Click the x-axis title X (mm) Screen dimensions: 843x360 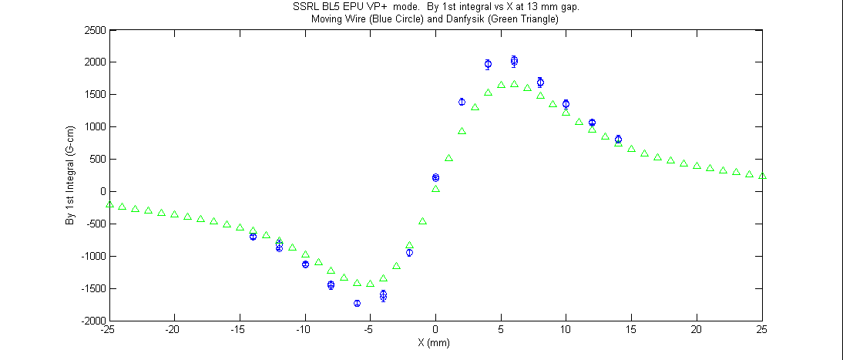(x=434, y=343)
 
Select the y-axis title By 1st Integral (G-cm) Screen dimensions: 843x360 (x=69, y=176)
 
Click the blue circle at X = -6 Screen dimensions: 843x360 (x=357, y=304)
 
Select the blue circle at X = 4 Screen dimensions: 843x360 (x=488, y=65)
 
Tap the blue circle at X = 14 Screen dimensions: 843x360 (x=618, y=140)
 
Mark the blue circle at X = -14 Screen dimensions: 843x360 (x=253, y=237)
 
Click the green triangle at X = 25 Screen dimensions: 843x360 (x=762, y=176)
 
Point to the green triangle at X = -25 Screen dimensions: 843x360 (x=109, y=204)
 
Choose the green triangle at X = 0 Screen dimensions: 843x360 (x=435, y=189)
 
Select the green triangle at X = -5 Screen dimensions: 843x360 (x=370, y=284)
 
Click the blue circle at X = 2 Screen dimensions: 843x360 (x=462, y=102)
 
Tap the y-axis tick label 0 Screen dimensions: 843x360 (x=99, y=192)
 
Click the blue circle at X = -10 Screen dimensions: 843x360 (x=305, y=264)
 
